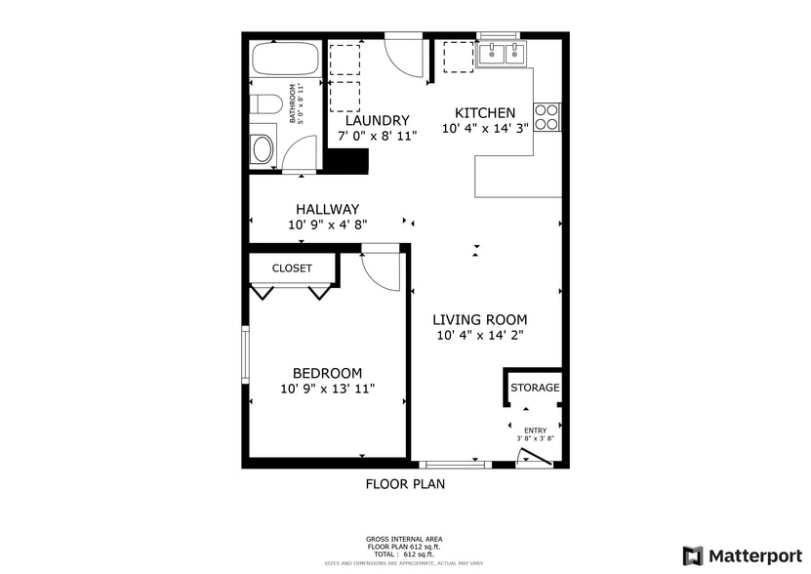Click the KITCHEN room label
(x=485, y=113)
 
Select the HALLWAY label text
(x=328, y=209)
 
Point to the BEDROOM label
(x=328, y=373)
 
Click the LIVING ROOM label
(x=480, y=319)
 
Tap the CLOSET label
(x=292, y=268)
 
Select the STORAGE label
(x=536, y=388)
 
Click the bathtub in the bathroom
(x=286, y=60)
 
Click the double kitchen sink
(x=503, y=55)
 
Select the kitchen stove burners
(x=548, y=116)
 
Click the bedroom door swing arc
(x=381, y=270)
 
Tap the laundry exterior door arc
(x=404, y=57)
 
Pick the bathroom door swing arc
(x=301, y=154)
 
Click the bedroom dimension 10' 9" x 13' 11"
(x=328, y=389)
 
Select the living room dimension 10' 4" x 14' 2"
(x=480, y=335)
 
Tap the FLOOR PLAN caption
(x=405, y=483)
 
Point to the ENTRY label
(x=536, y=430)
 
